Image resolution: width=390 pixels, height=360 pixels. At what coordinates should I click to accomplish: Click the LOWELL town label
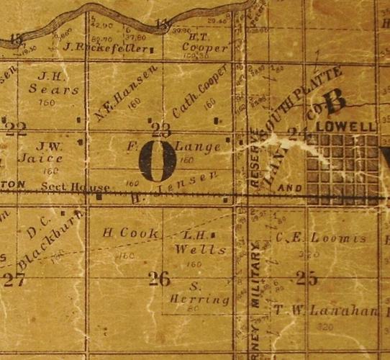pos(352,127)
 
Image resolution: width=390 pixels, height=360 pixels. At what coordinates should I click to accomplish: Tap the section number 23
pos(161,130)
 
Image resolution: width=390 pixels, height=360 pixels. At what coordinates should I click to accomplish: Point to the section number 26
pos(159,278)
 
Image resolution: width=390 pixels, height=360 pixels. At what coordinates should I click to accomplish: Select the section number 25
pos(307,279)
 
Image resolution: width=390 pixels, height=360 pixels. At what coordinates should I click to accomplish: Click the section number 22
pos(16,129)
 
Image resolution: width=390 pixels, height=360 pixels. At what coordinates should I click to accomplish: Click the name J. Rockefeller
pos(106,49)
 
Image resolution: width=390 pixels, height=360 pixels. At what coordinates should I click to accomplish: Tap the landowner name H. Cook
pos(120,233)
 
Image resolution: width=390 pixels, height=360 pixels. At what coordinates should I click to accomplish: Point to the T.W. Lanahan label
pos(325,311)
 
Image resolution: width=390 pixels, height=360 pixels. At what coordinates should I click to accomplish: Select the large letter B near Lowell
pos(335,102)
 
